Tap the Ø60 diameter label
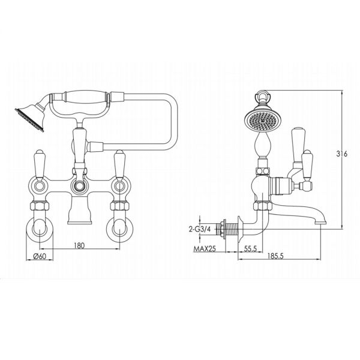pos(41,257)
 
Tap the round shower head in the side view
pos(262,118)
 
